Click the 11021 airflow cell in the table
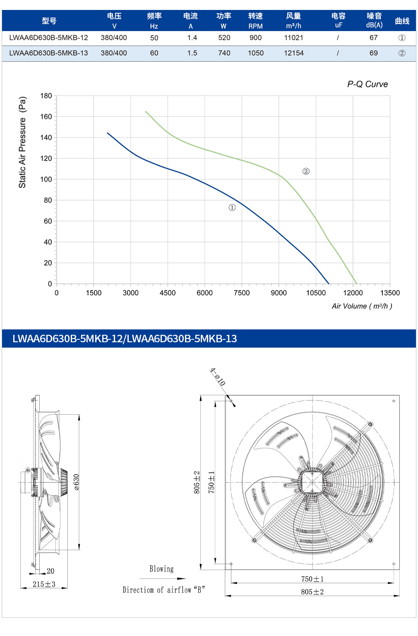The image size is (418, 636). [x=293, y=38]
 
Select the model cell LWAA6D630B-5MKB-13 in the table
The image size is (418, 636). [x=48, y=53]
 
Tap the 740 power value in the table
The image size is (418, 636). [x=224, y=53]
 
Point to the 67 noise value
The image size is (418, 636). [x=373, y=38]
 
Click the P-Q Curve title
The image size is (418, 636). [x=367, y=84]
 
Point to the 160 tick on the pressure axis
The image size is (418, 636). [x=46, y=117]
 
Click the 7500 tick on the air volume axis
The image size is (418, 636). [x=242, y=293]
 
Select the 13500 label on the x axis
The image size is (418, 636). [x=390, y=293]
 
